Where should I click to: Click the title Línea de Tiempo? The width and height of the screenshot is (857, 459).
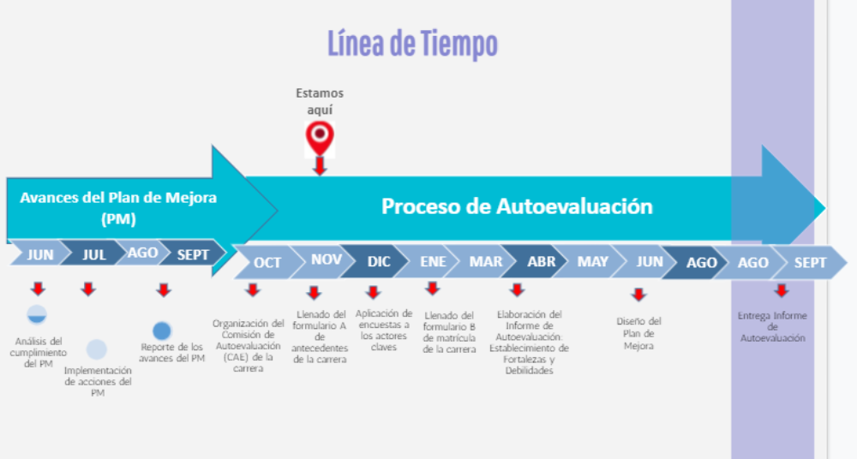(x=412, y=43)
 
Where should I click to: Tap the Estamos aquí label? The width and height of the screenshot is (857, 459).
(x=320, y=102)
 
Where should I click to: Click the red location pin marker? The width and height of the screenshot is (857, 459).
(x=320, y=137)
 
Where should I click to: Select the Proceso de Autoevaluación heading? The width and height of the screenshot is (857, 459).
(x=517, y=206)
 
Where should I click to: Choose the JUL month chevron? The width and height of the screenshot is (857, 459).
(x=94, y=254)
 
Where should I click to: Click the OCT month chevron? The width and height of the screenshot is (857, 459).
(x=267, y=262)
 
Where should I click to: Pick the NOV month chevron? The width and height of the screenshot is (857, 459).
(x=326, y=259)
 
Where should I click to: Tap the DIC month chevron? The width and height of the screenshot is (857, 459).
(x=379, y=261)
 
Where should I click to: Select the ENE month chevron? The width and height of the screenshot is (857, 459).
(x=433, y=261)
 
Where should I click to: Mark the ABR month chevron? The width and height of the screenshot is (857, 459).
(x=541, y=261)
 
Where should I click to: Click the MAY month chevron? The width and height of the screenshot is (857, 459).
(x=592, y=261)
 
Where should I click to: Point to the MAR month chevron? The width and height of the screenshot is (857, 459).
(x=486, y=261)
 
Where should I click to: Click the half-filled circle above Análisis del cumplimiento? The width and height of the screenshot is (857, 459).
(x=37, y=315)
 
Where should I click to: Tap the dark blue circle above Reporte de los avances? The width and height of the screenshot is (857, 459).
(x=162, y=331)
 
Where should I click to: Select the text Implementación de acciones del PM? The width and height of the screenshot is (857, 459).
(x=98, y=381)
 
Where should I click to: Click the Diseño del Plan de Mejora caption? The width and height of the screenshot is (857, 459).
(x=638, y=334)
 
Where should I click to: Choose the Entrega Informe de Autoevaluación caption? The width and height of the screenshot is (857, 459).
(x=772, y=327)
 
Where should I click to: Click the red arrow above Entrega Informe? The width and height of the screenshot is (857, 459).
(x=781, y=291)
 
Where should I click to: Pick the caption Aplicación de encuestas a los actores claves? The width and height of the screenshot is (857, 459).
(x=383, y=330)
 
